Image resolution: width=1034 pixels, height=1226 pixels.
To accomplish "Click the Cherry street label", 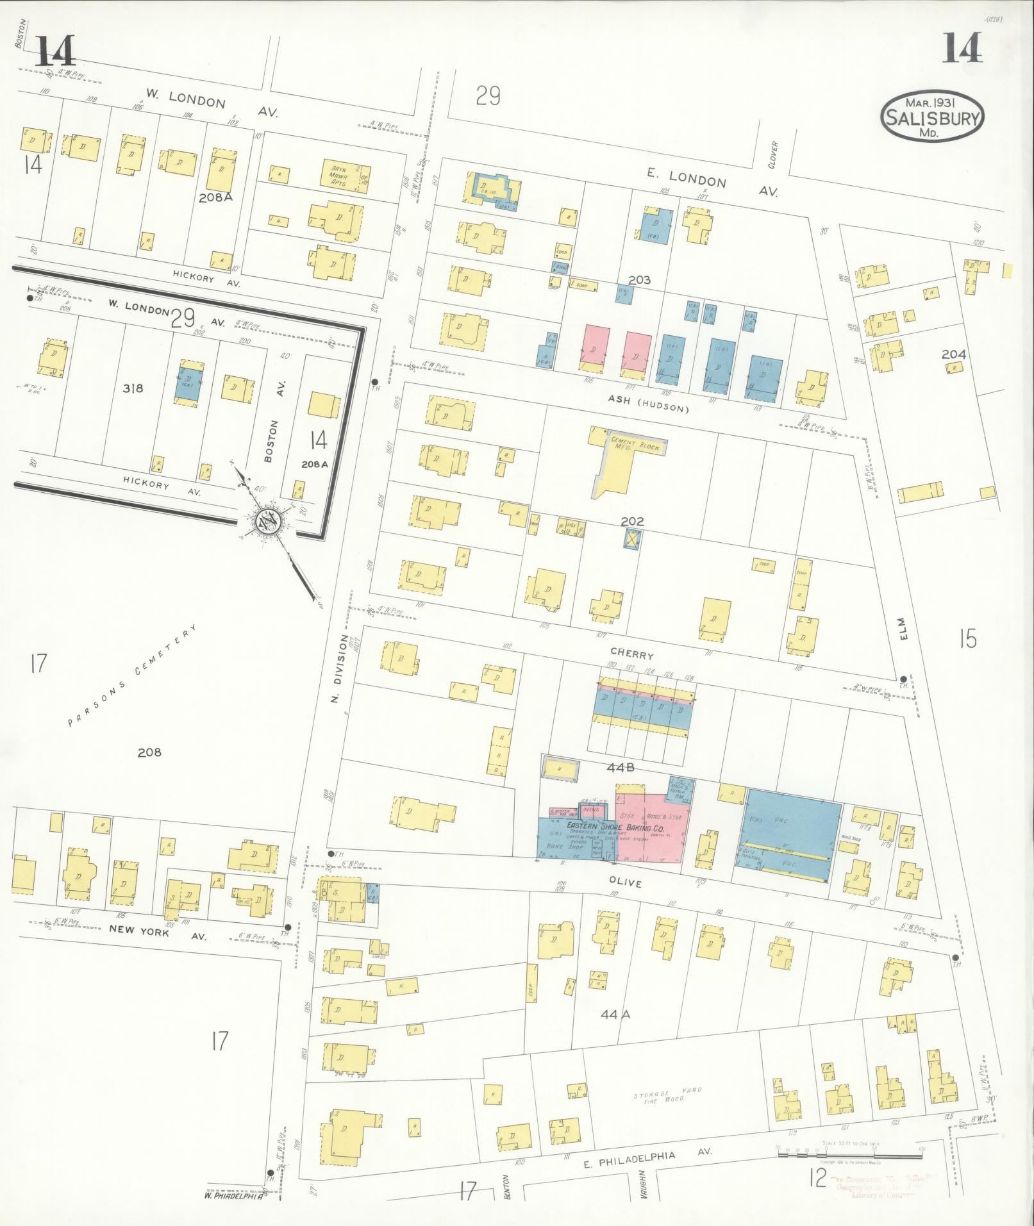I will [x=636, y=655].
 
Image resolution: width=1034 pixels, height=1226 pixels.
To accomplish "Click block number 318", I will [x=133, y=388].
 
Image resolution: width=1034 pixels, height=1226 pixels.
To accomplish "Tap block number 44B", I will [x=621, y=768].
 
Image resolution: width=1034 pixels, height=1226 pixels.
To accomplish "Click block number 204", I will [x=954, y=354].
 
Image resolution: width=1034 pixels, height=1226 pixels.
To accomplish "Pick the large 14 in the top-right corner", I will [x=961, y=49].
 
